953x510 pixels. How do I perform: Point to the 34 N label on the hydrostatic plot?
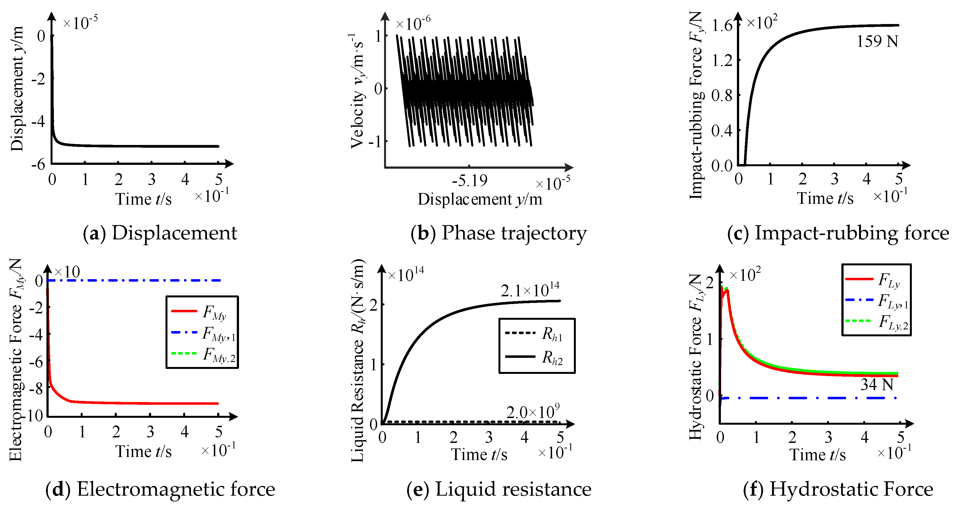[876, 385]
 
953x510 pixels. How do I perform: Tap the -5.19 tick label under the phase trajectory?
[469, 181]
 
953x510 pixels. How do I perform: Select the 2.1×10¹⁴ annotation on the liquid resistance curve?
[530, 290]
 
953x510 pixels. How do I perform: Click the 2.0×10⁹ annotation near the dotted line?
[533, 412]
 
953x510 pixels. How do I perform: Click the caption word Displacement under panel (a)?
[174, 233]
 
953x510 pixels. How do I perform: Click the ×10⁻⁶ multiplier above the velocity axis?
[413, 24]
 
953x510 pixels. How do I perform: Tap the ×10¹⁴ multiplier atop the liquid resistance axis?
[406, 275]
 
